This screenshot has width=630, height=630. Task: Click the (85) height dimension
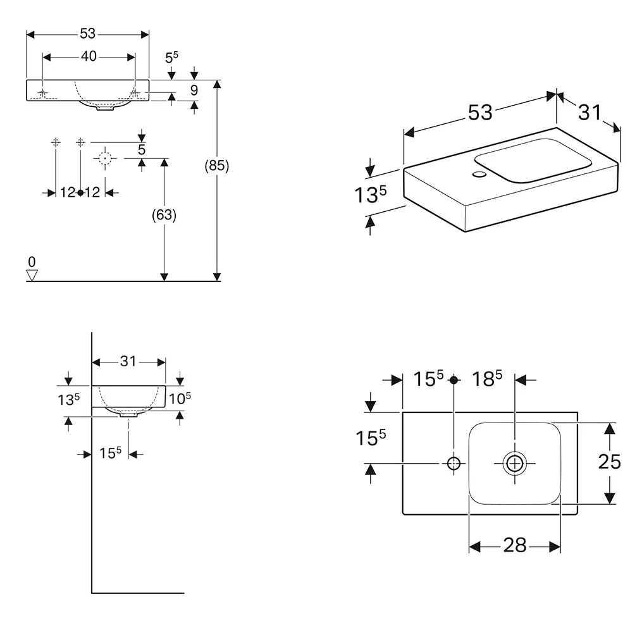tap(217, 166)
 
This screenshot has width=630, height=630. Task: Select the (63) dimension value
tap(164, 215)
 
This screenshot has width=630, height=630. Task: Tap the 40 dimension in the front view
tap(89, 56)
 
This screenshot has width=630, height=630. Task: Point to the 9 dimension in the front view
tap(194, 90)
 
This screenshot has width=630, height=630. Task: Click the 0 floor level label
tap(31, 262)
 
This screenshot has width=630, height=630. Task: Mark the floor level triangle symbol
tap(32, 275)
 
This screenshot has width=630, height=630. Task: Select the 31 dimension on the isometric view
tap(589, 112)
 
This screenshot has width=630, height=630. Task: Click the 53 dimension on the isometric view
tap(480, 112)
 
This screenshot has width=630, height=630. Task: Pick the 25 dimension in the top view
tap(609, 462)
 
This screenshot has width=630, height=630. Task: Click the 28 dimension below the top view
tap(515, 545)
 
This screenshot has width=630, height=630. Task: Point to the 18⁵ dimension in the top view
tap(487, 379)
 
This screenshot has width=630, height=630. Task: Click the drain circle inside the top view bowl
tap(515, 464)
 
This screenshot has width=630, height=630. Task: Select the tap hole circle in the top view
tap(454, 464)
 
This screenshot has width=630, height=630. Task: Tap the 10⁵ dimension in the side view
tap(180, 398)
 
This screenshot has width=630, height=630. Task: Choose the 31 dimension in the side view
tap(129, 361)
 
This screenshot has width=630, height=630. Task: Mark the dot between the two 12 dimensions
tap(80, 192)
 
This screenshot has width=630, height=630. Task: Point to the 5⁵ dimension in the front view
tap(171, 58)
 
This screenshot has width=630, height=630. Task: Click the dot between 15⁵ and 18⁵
tap(454, 380)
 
